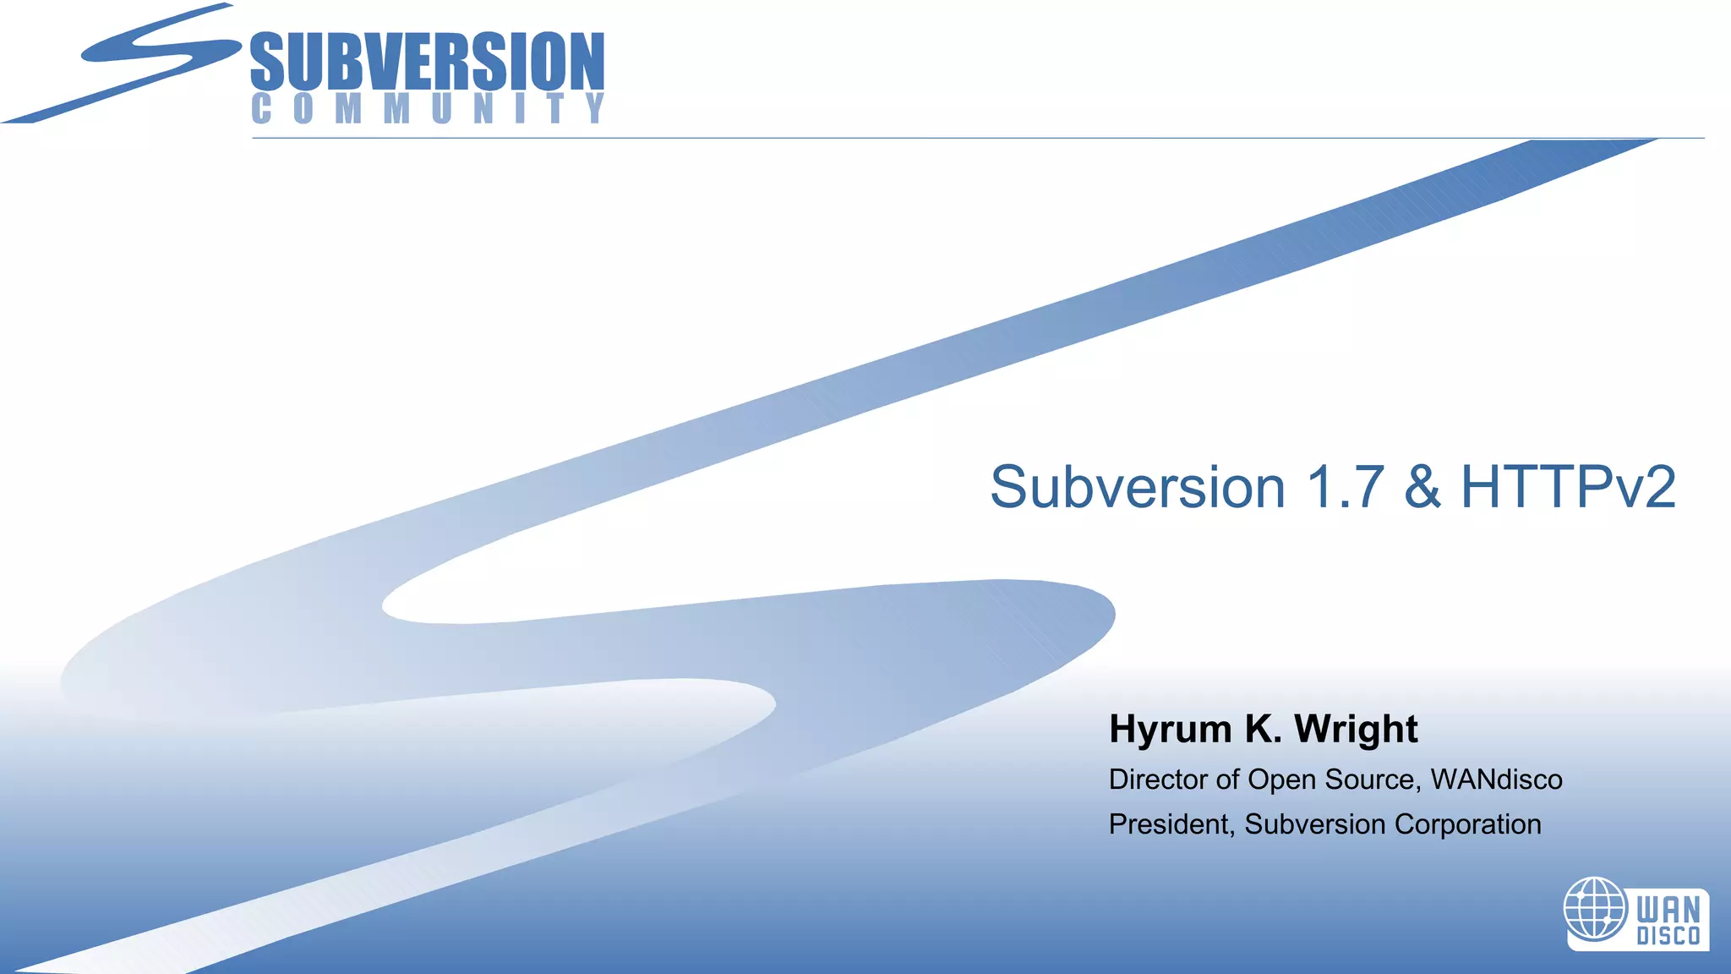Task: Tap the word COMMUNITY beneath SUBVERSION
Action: (428, 109)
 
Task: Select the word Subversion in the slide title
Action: (1138, 488)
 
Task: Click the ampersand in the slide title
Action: (1422, 488)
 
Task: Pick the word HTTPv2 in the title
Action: (1568, 488)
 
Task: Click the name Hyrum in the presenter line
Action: (1170, 730)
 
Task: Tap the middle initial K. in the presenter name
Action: (1263, 729)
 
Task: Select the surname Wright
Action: (1356, 730)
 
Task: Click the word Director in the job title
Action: (1158, 780)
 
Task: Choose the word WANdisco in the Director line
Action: (1496, 780)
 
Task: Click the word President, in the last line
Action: (1171, 824)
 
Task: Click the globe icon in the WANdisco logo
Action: (1595, 909)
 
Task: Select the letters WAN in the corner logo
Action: (1668, 911)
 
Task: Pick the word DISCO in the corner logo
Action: (1668, 937)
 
